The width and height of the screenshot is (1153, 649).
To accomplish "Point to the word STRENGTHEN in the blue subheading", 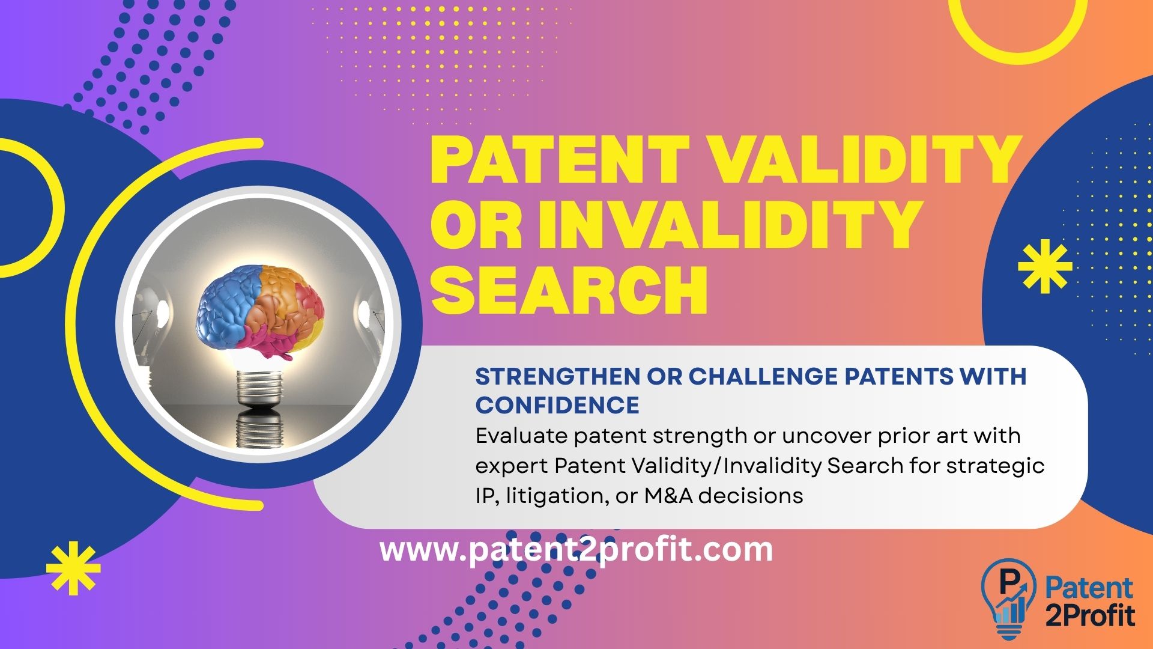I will click(557, 377).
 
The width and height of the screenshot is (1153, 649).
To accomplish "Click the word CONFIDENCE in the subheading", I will click(557, 406).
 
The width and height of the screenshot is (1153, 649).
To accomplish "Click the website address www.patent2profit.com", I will click(576, 550).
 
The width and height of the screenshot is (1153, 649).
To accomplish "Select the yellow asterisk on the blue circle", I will click(1045, 266).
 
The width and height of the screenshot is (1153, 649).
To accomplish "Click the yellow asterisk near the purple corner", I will click(73, 568).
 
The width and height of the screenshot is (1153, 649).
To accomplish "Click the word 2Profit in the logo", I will click(1090, 615).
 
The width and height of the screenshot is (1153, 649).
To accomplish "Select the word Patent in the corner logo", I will click(1089, 588).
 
